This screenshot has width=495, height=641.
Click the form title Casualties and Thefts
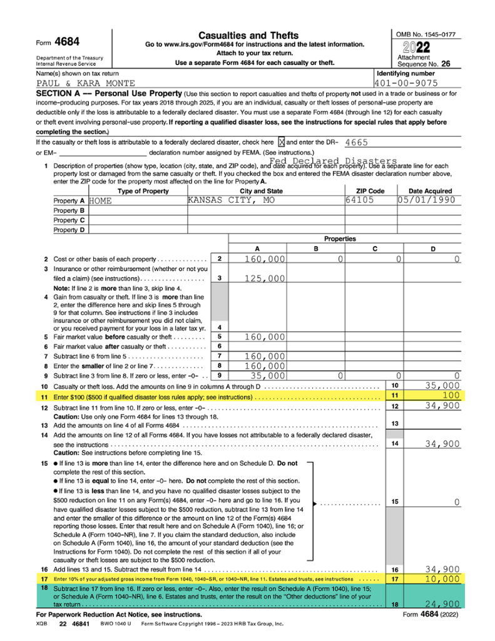248,35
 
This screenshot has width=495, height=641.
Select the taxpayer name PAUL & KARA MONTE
85,83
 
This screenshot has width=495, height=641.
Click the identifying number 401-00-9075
406,83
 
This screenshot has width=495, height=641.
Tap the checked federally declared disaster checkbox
281,143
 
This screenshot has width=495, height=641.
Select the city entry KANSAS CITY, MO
231,200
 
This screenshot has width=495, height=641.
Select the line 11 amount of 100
450,396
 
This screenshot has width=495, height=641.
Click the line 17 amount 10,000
442,580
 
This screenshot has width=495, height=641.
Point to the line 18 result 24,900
442,604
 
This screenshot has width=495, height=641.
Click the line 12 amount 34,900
442,407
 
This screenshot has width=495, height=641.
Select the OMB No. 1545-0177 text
426,33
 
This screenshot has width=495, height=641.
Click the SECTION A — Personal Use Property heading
109,93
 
